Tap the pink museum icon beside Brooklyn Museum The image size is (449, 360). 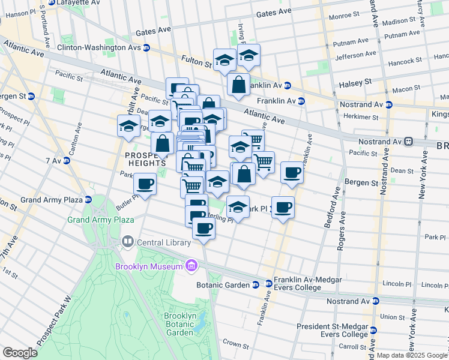(191, 265)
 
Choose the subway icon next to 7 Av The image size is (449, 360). (62, 160)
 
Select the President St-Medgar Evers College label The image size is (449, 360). (331, 331)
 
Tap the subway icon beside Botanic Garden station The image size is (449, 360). (255, 284)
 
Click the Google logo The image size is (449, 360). (20, 353)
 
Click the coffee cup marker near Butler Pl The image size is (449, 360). (145, 184)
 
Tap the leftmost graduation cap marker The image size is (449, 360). (128, 126)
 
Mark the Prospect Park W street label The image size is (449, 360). (54, 321)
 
